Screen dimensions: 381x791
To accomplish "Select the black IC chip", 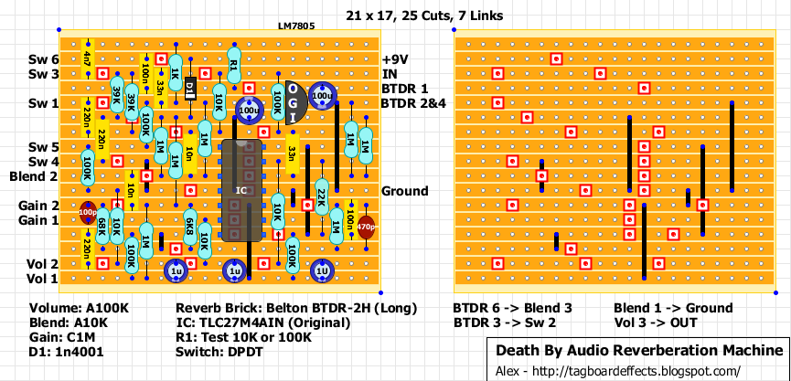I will tap(241, 190).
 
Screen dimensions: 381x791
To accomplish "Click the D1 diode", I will tap(190, 89).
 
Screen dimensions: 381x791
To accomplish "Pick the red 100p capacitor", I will tap(88, 212).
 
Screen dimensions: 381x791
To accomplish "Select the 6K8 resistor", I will tap(190, 226).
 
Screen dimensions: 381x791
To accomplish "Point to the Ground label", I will tap(404, 191).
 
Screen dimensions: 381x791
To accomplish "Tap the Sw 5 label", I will tap(44, 147).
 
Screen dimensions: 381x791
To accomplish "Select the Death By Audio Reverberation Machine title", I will tap(638, 351).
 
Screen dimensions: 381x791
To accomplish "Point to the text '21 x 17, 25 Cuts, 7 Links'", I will tap(424, 16).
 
